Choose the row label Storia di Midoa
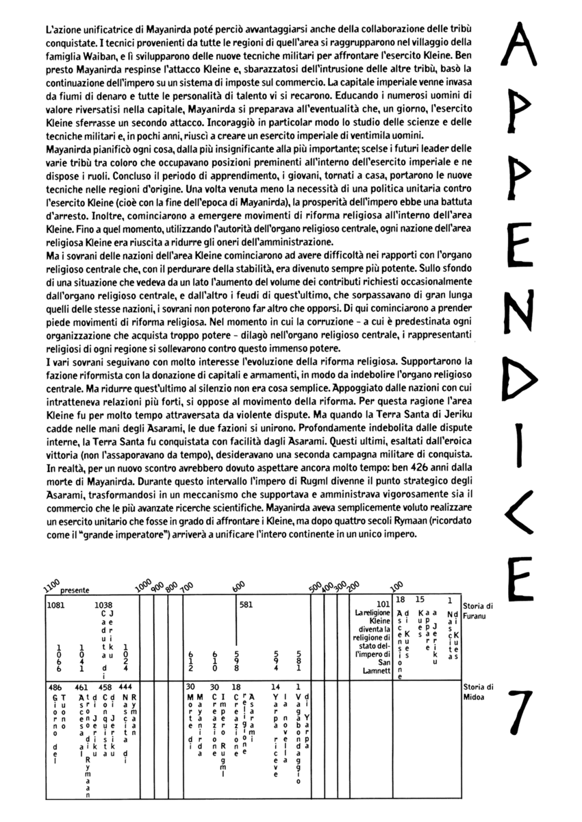tap(478, 691)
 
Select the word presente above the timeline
tap(75, 590)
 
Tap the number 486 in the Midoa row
tap(55, 686)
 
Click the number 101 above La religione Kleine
tap(383, 603)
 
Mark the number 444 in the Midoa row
tap(125, 686)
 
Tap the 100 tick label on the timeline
tap(396, 587)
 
